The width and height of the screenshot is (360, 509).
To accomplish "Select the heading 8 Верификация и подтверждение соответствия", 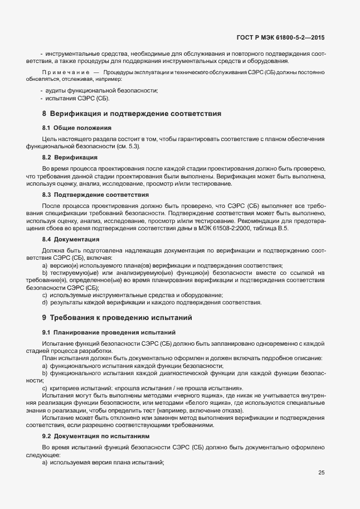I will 132,114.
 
